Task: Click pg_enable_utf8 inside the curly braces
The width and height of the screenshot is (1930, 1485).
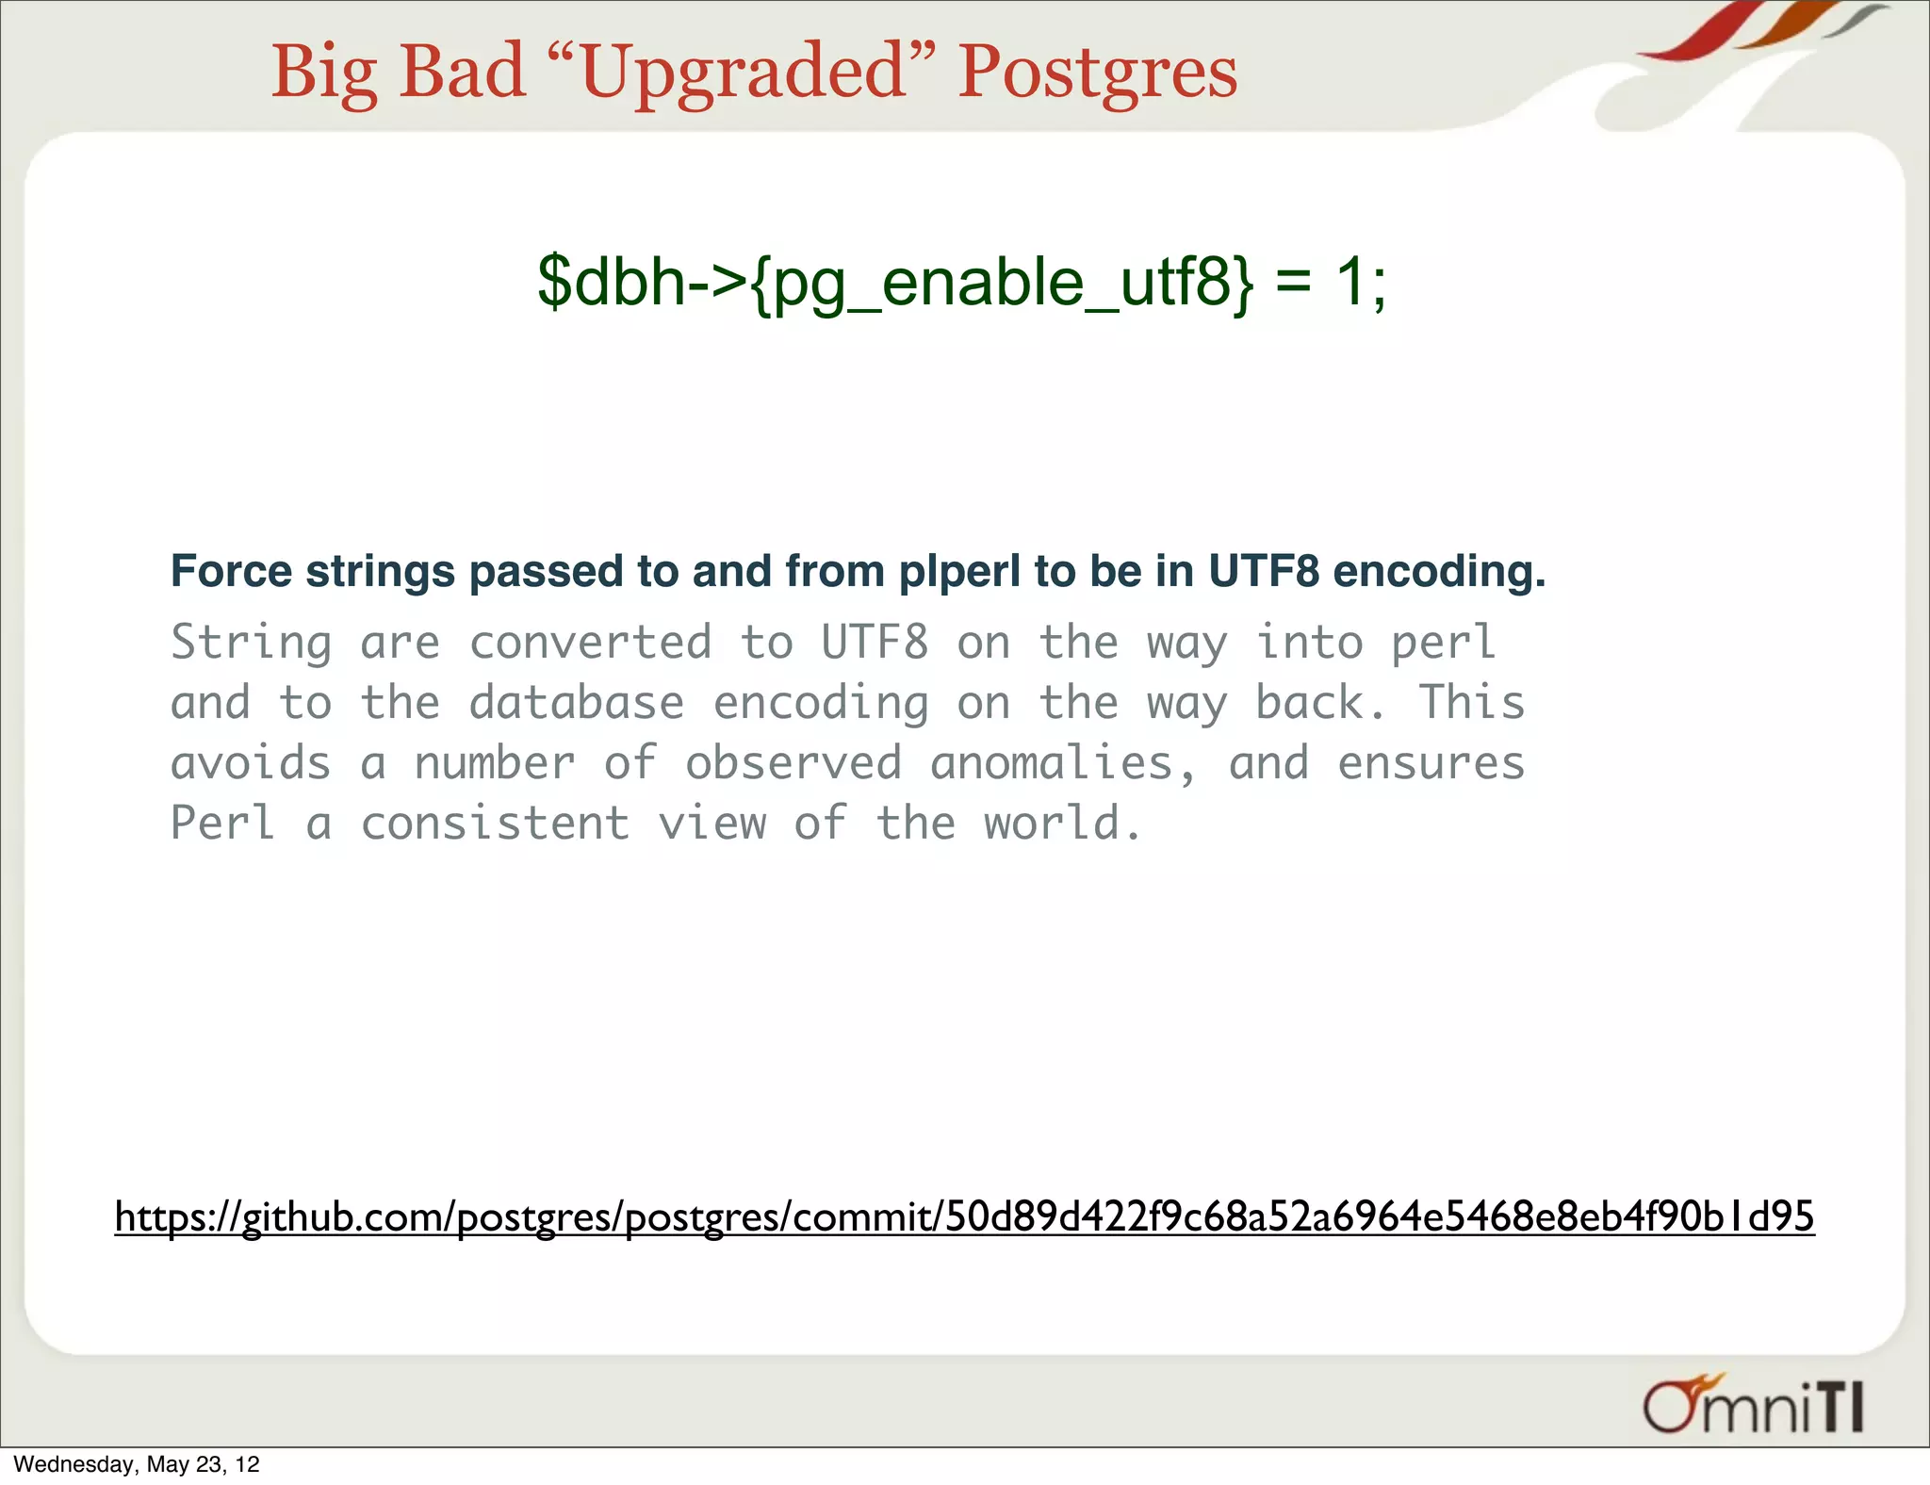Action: pyautogui.click(x=1003, y=283)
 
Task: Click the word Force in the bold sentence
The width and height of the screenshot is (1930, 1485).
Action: pyautogui.click(x=231, y=571)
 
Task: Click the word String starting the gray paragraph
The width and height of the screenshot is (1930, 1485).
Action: pyautogui.click(x=251, y=644)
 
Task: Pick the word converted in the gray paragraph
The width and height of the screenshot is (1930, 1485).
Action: pyautogui.click(x=590, y=643)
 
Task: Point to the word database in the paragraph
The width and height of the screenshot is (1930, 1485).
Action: pyautogui.click(x=576, y=703)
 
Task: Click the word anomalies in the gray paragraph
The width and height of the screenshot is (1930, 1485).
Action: pyautogui.click(x=1063, y=763)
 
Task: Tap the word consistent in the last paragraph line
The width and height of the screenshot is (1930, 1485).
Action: pyautogui.click(x=495, y=824)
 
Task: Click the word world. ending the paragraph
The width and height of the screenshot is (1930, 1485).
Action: pyautogui.click(x=1063, y=824)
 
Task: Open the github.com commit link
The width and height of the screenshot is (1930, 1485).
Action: pyautogui.click(x=964, y=1216)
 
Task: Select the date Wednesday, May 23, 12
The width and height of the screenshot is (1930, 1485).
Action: pyautogui.click(x=137, y=1464)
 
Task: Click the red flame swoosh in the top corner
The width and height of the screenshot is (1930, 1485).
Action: pyautogui.click(x=1696, y=34)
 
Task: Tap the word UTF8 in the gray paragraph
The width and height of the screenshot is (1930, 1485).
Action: pyautogui.click(x=875, y=643)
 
